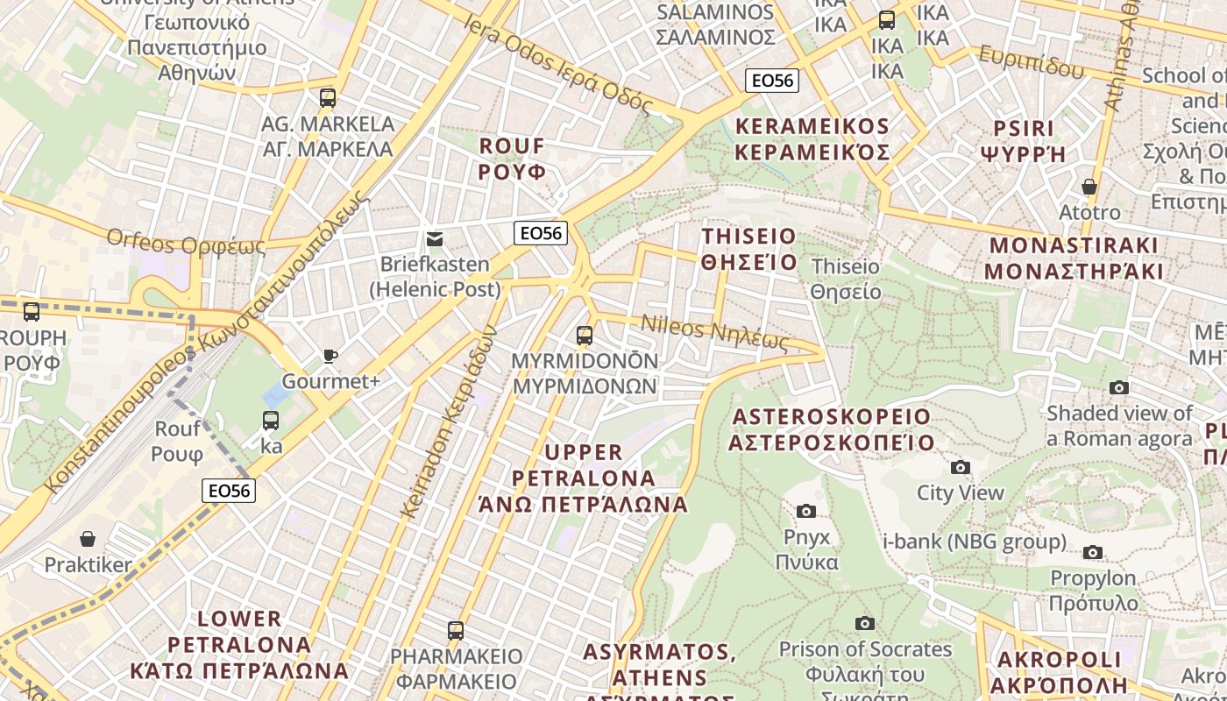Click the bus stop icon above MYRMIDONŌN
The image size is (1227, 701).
click(x=585, y=335)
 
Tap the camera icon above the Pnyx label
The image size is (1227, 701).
click(x=806, y=511)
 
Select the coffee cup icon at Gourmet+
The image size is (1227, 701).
click(x=330, y=356)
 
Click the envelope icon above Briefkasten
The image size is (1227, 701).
click(x=434, y=239)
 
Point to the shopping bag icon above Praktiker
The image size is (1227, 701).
click(x=88, y=538)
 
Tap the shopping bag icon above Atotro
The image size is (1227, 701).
click(x=1089, y=187)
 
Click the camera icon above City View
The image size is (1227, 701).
click(x=961, y=467)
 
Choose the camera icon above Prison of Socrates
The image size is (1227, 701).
click(x=865, y=623)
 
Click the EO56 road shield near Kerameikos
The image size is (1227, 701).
click(x=772, y=81)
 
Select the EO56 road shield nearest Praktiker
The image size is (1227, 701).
click(x=229, y=491)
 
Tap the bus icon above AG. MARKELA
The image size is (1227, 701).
click(x=328, y=97)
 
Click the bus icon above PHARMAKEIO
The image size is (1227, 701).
click(x=455, y=630)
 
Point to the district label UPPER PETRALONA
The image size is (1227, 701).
click(x=583, y=478)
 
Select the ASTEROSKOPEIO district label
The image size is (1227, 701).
click(x=831, y=428)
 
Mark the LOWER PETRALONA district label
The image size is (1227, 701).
click(x=239, y=645)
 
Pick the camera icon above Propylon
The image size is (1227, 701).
click(x=1092, y=552)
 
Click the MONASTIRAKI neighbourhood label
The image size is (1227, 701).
click(x=1074, y=258)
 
